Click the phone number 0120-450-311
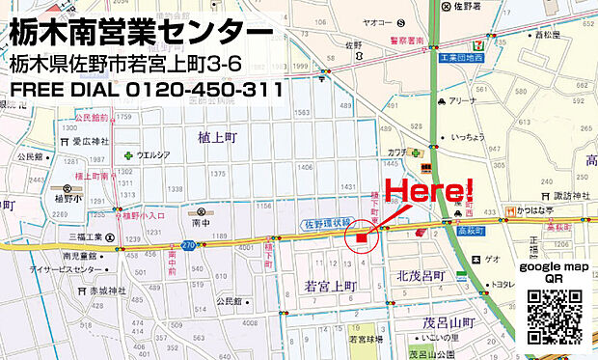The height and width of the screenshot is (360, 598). point(203,90)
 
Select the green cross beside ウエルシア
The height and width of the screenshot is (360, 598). point(127,154)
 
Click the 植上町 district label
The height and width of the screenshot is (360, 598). point(218,138)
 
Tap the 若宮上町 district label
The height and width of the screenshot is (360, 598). point(330,287)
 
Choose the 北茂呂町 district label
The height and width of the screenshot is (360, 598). point(420,276)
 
